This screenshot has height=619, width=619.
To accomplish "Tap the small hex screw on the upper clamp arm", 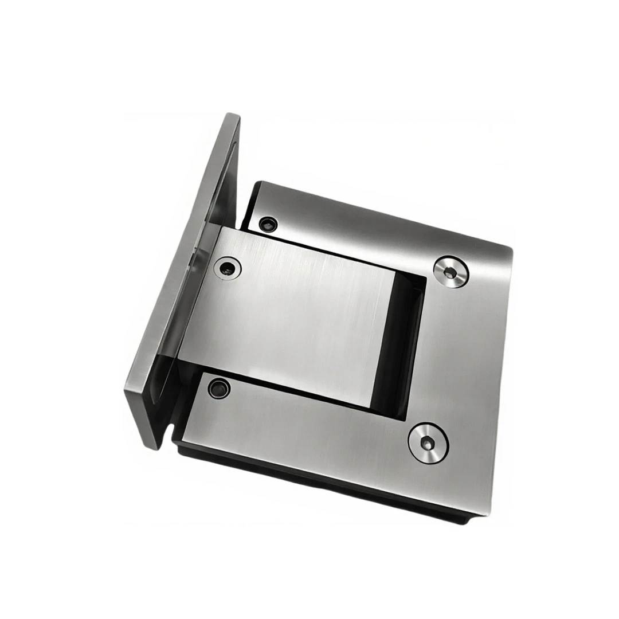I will [267, 224].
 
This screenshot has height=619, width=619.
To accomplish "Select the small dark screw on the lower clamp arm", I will [218, 388].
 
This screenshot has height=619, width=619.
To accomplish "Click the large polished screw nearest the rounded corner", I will [450, 271].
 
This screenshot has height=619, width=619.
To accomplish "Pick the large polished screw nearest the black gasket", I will [428, 440].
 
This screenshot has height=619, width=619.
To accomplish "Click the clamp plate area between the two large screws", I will [459, 355].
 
